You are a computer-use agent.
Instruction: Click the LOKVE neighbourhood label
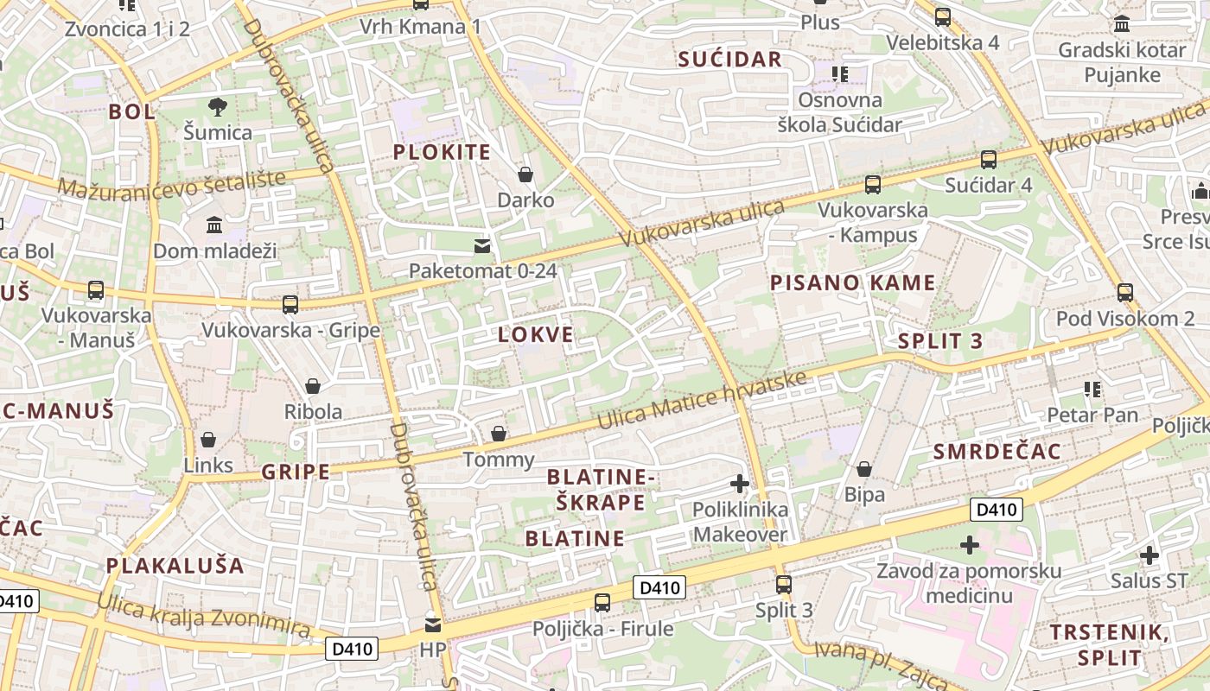point(536,335)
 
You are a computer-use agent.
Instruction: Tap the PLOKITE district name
point(442,153)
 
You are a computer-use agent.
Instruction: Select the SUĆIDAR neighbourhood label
point(729,60)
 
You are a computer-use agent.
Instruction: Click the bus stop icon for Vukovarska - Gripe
point(290,305)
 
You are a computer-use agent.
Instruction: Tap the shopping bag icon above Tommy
point(499,434)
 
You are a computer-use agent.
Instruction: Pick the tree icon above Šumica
point(217,107)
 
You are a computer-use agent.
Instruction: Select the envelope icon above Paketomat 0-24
point(482,246)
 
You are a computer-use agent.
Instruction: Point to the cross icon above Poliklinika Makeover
point(740,485)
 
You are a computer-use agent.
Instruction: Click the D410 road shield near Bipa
point(996,510)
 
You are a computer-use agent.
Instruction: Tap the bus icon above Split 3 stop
point(784,585)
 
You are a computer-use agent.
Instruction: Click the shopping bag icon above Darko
point(525,175)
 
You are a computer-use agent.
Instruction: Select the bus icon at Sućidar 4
point(989,160)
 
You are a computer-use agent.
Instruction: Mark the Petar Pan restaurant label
point(1092,415)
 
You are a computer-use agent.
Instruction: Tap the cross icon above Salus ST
point(1149,555)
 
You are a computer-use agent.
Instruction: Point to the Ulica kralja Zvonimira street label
point(203,616)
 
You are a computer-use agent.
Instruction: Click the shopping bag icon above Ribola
point(313,386)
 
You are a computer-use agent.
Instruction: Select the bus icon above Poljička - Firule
point(602,603)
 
